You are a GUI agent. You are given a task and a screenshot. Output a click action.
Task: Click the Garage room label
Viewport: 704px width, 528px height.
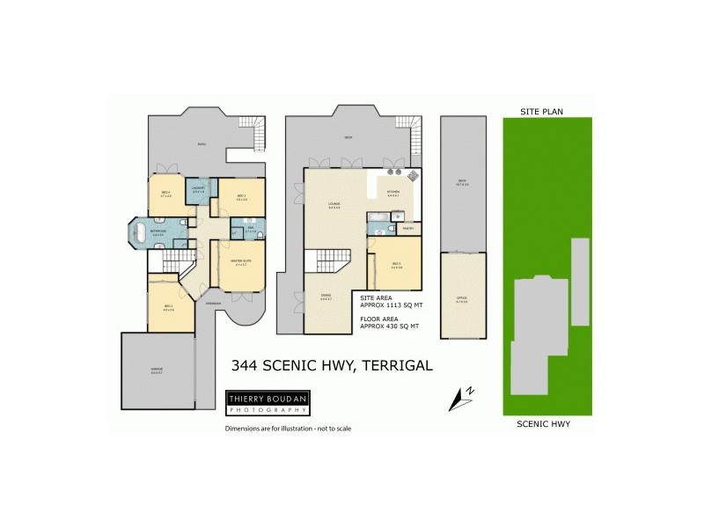pos(157,369)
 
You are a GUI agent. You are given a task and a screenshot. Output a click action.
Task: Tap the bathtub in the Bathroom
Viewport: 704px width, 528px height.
pos(140,233)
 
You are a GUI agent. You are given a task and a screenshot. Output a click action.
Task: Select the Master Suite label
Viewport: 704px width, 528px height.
pos(242,260)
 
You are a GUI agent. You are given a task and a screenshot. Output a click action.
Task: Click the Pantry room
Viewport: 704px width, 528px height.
pos(407,228)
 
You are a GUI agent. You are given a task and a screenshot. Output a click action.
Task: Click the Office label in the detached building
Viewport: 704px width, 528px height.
pos(461,299)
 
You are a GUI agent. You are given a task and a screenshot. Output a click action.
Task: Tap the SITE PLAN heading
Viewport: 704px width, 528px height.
pos(541,112)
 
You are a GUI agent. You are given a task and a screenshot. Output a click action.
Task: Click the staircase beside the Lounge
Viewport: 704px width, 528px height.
pos(323,263)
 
